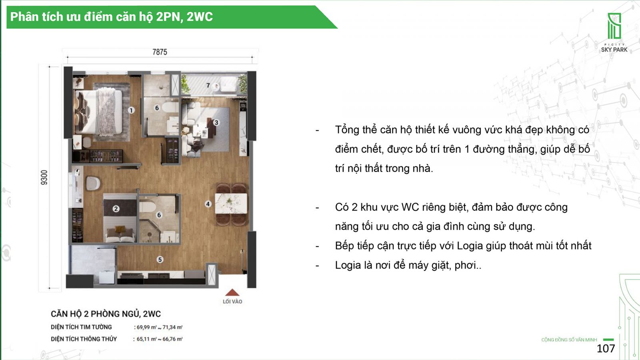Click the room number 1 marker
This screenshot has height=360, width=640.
[131, 110]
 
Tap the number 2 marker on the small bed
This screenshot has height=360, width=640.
[116, 209]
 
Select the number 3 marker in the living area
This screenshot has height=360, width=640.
[216, 122]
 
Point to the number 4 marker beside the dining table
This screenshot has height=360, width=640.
[208, 204]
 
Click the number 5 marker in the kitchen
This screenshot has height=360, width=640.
[160, 260]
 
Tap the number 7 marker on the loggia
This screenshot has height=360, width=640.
[208, 85]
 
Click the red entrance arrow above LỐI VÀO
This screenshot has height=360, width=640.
[232, 292]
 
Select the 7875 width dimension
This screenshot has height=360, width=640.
[160, 52]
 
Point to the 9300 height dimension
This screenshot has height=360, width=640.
[44, 178]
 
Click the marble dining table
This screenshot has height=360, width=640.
[231, 204]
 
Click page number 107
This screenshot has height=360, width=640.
[606, 348]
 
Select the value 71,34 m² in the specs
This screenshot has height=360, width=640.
[172, 328]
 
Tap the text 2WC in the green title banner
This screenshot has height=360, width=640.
[200, 16]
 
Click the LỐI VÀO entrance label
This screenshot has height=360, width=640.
[232, 302]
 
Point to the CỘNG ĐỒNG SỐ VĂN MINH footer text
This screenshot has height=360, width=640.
[569, 340]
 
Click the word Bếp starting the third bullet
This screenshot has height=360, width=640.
[345, 246]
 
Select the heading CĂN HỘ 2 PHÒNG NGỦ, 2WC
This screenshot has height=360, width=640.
[106, 314]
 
